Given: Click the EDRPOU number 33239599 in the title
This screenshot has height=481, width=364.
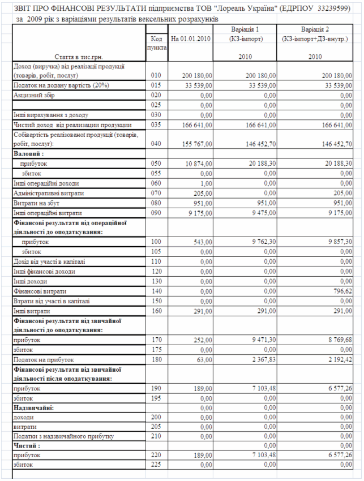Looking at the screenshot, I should tap(335, 7).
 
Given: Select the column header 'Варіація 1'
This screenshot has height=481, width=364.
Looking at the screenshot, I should tap(245, 29).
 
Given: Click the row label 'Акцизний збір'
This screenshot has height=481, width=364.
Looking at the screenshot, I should tap(33, 96).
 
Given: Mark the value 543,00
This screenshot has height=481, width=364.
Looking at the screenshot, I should tap(202, 242).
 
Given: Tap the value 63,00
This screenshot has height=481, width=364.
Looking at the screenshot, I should tap(204, 359).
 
